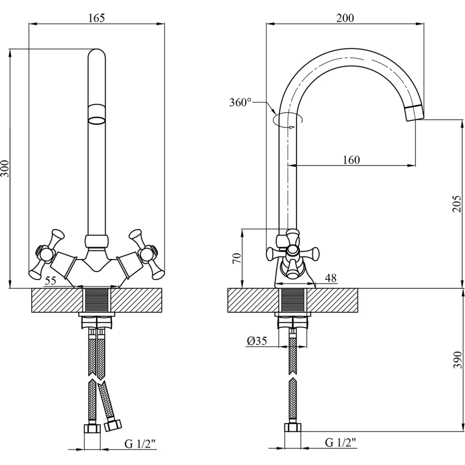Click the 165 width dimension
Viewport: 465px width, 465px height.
tap(96, 18)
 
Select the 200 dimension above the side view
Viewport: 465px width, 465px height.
tap(345, 18)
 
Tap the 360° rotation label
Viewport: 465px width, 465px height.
tap(240, 102)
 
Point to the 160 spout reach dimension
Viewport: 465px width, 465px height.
tap(351, 160)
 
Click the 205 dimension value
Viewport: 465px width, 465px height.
tap(456, 204)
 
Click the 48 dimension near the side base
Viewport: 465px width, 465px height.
tap(331, 278)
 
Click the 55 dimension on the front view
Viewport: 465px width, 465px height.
tap(50, 281)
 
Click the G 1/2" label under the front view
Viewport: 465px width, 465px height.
tap(140, 444)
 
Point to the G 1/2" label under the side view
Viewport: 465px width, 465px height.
tap(341, 442)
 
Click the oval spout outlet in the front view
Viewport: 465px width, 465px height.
tap(96, 120)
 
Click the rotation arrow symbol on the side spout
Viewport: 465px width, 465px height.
tap(288, 120)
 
